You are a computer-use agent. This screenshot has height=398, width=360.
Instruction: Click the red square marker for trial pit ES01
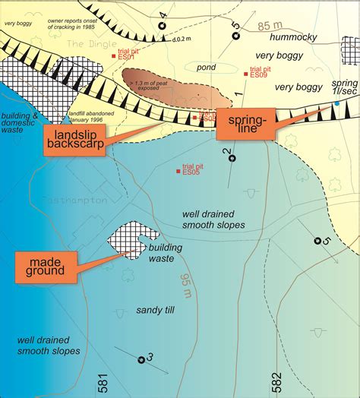(x=114, y=56)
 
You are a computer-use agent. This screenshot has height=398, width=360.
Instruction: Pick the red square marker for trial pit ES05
(x=178, y=170)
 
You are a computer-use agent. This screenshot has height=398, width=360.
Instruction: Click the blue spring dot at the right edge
(x=337, y=103)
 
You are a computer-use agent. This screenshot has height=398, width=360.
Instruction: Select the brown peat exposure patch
(x=174, y=89)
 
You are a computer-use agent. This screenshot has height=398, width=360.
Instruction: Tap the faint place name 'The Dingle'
(x=90, y=45)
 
